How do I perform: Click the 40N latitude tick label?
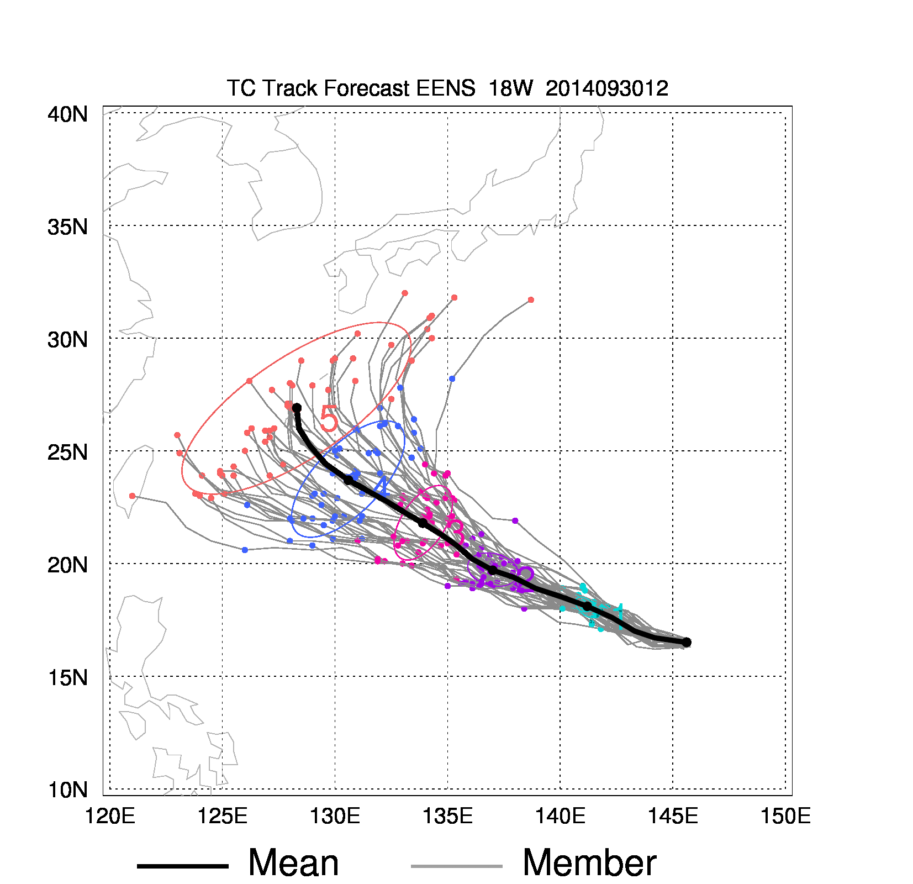[67, 114]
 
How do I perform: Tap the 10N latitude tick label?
[67, 790]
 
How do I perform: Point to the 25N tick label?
[67, 452]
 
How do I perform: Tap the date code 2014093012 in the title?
[606, 88]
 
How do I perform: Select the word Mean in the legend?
[293, 862]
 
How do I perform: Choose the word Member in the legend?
[589, 862]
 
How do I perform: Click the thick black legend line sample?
[182, 866]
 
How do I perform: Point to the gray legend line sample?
[456, 866]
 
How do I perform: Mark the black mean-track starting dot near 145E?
[687, 642]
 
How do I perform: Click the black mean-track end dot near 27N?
[297, 408]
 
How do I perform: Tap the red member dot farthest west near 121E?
[132, 496]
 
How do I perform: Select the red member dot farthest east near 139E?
[531, 300]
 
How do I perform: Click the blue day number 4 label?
[382, 487]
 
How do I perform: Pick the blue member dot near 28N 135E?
[452, 378]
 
